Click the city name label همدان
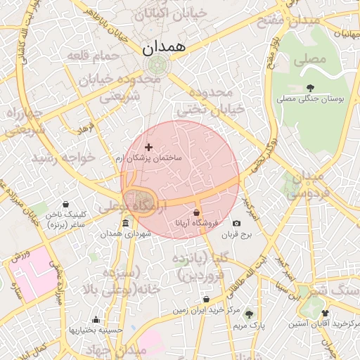(x=162, y=47)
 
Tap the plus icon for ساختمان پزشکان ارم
(x=148, y=147)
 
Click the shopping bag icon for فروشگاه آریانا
(x=196, y=212)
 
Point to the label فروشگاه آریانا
(x=196, y=224)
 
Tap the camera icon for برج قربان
(x=236, y=224)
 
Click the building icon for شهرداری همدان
(x=125, y=224)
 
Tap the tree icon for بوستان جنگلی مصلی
(x=311, y=88)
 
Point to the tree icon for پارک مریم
(x=248, y=314)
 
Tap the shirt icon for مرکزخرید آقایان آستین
(x=324, y=313)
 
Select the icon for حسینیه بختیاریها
(x=96, y=319)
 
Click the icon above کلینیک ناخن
(x=65, y=204)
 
